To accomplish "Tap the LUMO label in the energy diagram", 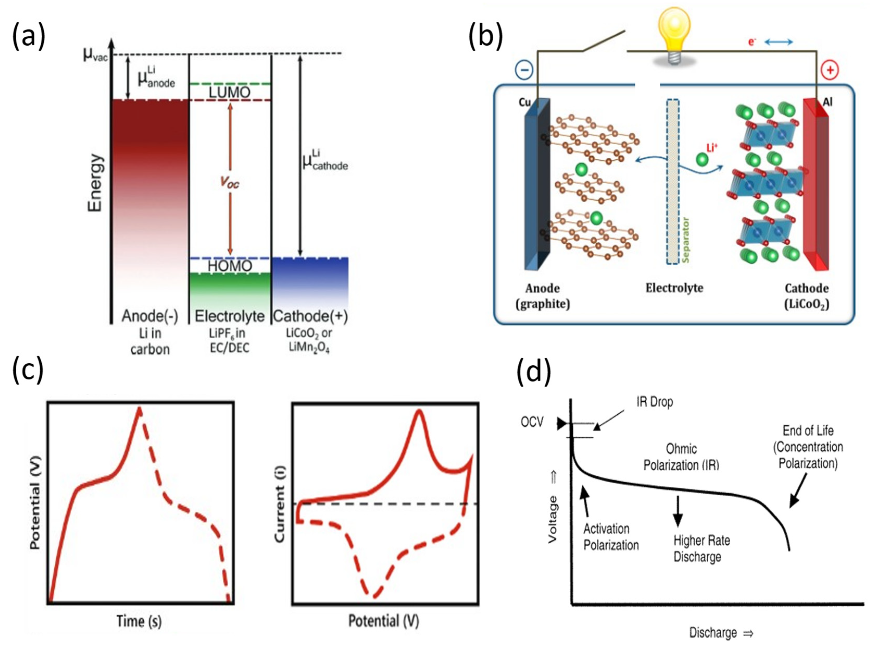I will coord(229,92).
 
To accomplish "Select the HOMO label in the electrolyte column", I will coord(229,266).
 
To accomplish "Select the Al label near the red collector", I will coord(828,102).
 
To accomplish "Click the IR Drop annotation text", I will coord(654,402).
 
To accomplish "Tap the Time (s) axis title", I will coord(139,621).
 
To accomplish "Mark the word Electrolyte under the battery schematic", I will coord(674,288).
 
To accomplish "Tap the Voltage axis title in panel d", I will coord(552,519).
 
